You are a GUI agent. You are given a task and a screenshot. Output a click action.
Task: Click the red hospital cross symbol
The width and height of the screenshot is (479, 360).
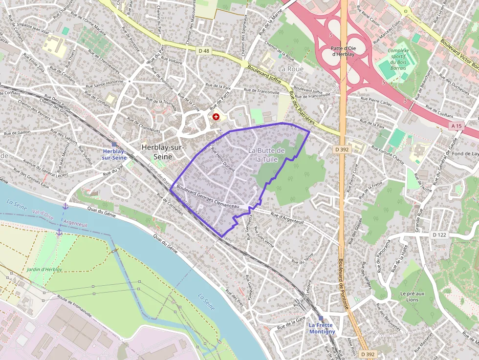(x=216, y=117)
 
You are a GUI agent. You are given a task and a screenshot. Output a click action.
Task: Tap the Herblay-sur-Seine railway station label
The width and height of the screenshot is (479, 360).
(x=114, y=154)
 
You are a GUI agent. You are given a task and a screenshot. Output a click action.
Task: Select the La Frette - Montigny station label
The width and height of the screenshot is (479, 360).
(x=321, y=328)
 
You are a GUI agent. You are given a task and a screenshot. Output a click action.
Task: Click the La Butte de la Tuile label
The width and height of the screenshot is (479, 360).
(x=266, y=154)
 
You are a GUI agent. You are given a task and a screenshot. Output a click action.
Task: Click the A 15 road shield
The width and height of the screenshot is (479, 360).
(x=457, y=126)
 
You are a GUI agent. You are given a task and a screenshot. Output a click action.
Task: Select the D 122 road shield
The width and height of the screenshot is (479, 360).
(x=439, y=235)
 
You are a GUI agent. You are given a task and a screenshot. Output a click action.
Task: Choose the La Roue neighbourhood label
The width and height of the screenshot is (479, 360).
(x=291, y=69)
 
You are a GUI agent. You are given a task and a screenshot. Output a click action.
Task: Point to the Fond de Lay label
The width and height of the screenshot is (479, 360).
(x=465, y=153)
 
